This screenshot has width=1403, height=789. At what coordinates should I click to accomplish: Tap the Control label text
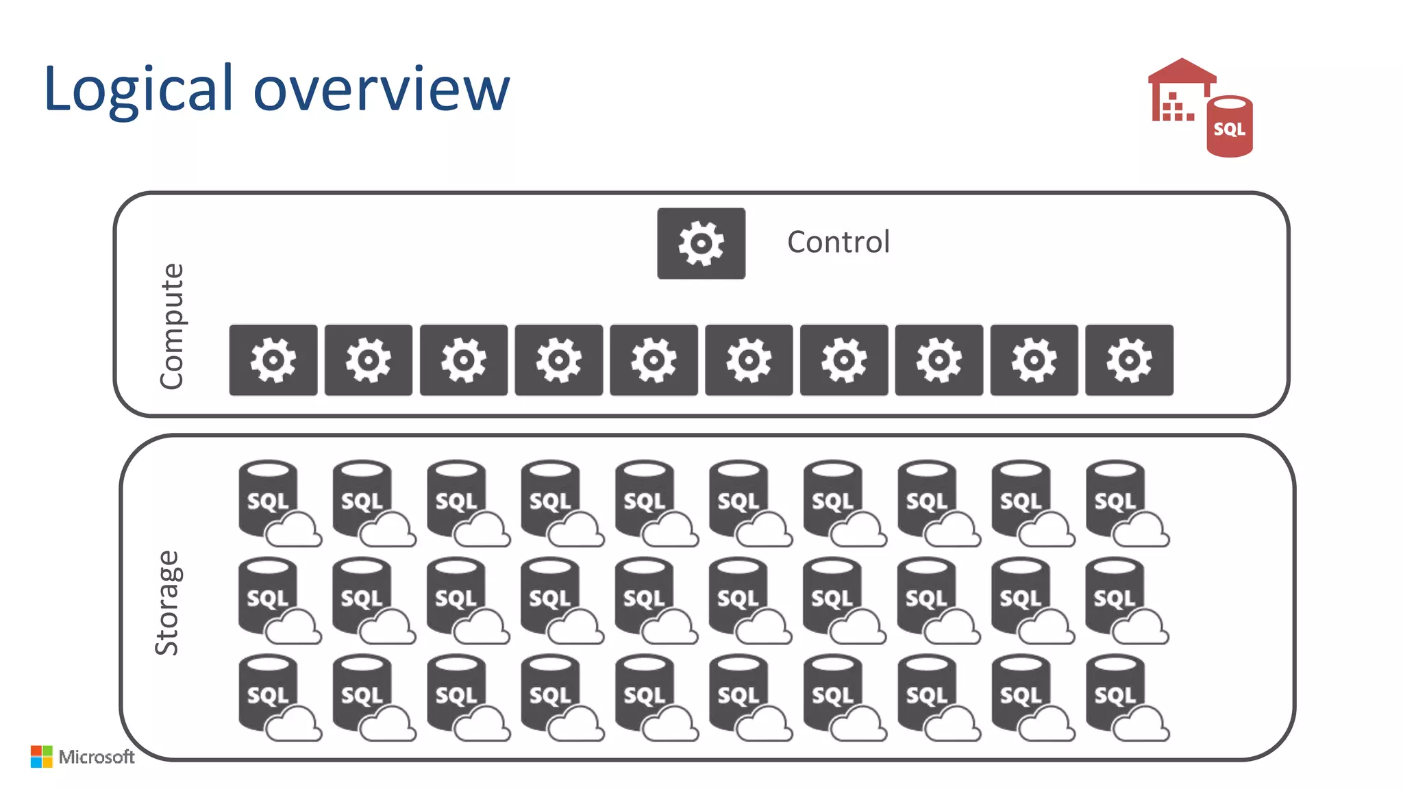pos(838,242)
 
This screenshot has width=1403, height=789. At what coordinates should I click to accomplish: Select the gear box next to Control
pos(701,243)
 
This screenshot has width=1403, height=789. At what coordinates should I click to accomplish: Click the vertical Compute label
pos(171,326)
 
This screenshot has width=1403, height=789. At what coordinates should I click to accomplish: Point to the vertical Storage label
pos(167,603)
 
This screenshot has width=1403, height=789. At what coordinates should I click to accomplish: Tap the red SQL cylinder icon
pos(1230,127)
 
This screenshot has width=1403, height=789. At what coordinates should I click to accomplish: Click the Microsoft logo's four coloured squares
pos(41,756)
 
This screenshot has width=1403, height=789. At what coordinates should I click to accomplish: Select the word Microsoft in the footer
pos(97,757)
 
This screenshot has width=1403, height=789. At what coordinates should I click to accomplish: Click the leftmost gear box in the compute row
pos(273,360)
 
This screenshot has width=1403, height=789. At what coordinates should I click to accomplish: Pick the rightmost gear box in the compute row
pos(1129,360)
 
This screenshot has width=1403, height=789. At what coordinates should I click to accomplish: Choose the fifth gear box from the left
pos(654,360)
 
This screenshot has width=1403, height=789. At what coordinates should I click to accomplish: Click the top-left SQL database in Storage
pos(269,497)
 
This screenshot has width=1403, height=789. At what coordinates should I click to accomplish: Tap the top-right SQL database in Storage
pos(1115,497)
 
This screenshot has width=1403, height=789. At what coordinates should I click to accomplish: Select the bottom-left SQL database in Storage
pos(269,692)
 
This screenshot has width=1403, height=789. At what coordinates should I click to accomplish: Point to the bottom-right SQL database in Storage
pos(1115,692)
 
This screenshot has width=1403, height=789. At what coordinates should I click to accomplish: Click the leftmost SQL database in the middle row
pos(269,594)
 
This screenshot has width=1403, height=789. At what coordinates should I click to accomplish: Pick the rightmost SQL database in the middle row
pos(1115,594)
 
